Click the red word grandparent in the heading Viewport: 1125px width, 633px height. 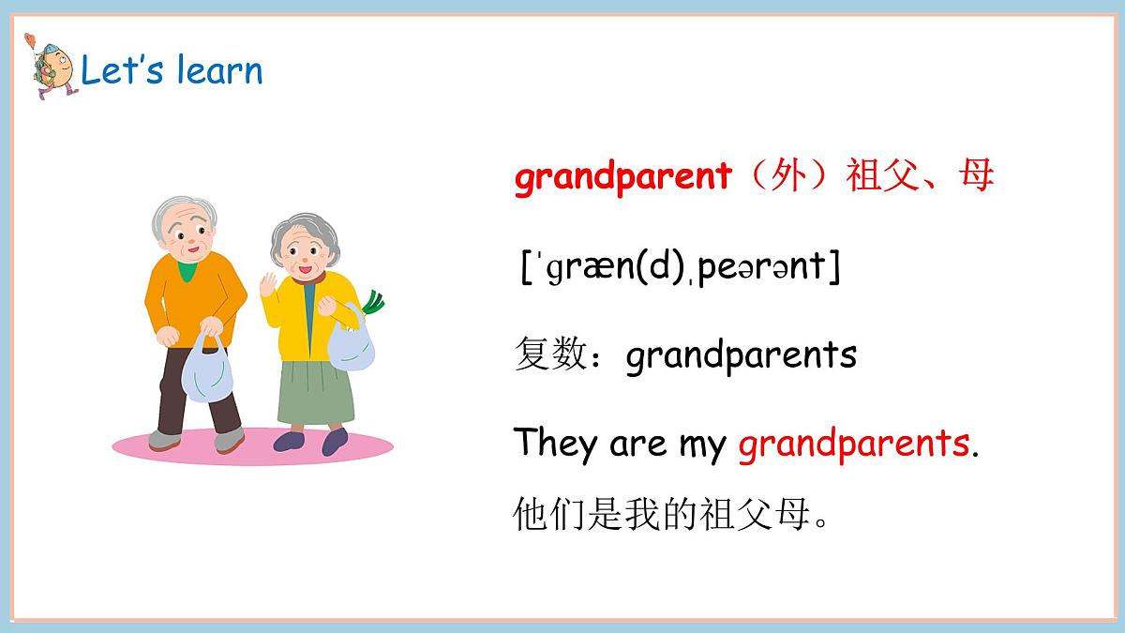pyautogui.click(x=622, y=176)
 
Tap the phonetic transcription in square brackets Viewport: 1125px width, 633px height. pyautogui.click(x=680, y=267)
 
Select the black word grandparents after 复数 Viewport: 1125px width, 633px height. pyautogui.click(x=741, y=356)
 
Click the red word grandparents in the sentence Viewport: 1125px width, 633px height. pyautogui.click(x=853, y=445)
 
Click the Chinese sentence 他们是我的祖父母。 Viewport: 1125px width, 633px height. pyautogui.click(x=672, y=515)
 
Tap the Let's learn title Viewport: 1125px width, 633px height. pyautogui.click(x=172, y=71)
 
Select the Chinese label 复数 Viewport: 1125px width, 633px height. pyautogui.click(x=550, y=356)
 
